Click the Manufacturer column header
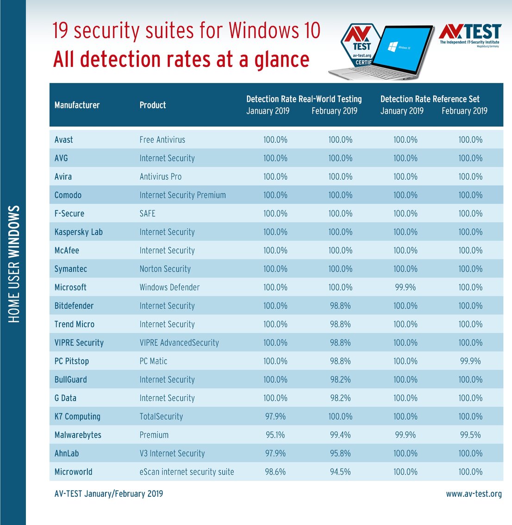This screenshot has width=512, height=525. coord(77,105)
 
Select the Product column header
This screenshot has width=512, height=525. coord(152,105)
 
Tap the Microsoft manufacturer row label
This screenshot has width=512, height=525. coord(70,287)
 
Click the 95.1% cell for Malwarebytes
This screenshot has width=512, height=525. coord(275,435)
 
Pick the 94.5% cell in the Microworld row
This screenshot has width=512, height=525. coord(340,472)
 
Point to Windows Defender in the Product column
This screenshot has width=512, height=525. coord(169,287)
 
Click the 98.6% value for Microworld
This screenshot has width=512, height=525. coord(275,472)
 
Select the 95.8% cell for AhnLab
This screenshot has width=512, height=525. coord(340,454)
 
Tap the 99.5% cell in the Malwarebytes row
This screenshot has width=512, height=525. coord(470,435)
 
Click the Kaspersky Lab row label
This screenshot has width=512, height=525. coord(78,232)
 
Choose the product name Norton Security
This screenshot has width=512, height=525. coord(165,269)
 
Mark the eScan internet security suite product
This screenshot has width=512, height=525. coord(187,472)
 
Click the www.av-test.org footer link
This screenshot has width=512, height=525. coord(474,494)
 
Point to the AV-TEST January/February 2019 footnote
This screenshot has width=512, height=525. coord(108,494)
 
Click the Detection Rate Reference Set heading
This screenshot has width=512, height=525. coord(430,99)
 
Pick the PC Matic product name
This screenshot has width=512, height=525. coord(153,361)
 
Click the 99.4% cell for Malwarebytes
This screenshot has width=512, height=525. coord(340,435)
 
